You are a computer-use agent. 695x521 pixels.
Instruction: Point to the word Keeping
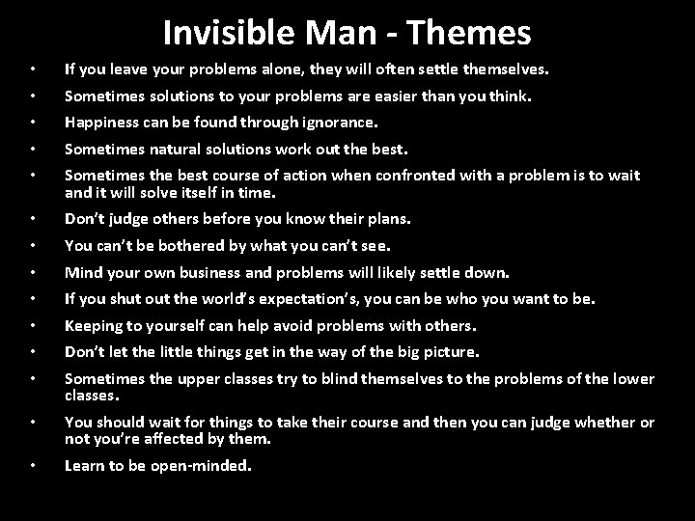[92, 325]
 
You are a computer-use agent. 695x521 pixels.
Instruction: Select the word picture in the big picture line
[451, 351]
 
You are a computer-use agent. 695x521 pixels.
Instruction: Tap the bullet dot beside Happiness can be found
[33, 123]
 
